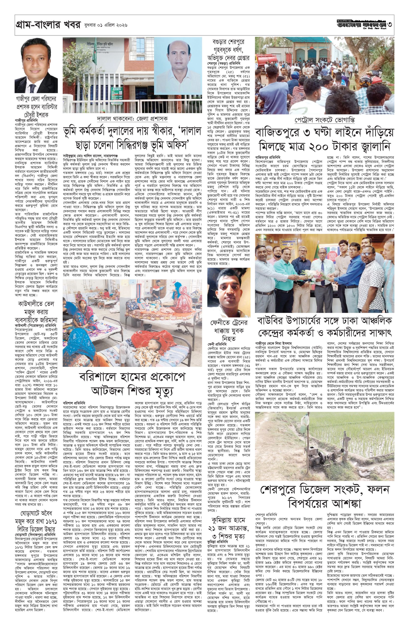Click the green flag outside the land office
click(x=94, y=54)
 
